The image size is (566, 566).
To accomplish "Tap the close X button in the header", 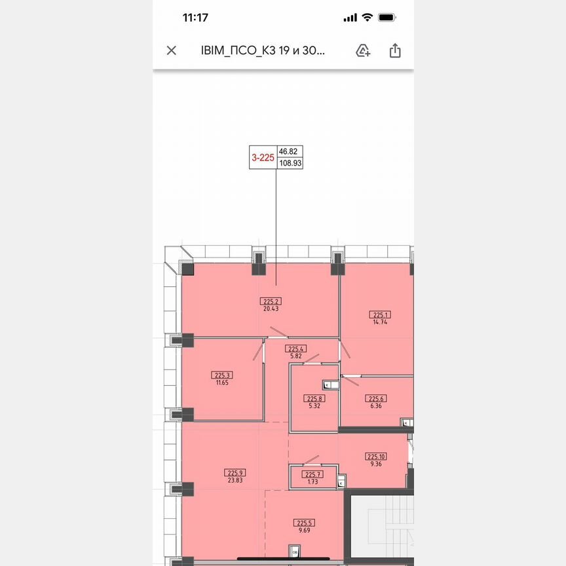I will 172,50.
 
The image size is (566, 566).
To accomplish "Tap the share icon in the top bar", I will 395,50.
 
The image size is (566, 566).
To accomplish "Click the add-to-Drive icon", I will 363,50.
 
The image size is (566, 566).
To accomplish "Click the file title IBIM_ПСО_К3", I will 262,50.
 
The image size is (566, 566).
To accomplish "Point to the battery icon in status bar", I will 387,18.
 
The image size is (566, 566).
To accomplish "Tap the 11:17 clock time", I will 195,18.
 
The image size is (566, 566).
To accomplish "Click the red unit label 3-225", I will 263,157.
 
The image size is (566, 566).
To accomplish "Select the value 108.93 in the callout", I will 290,163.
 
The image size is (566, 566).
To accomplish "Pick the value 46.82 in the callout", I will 288,150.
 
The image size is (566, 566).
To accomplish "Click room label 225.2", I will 271,301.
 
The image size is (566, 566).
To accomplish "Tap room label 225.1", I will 380,314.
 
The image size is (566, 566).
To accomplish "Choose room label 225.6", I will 375,398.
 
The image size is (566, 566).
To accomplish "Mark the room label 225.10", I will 376,457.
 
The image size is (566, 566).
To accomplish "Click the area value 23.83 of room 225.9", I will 235,480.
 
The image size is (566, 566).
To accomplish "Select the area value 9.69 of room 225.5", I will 304,531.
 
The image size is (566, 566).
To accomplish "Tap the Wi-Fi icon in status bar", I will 367,18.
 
